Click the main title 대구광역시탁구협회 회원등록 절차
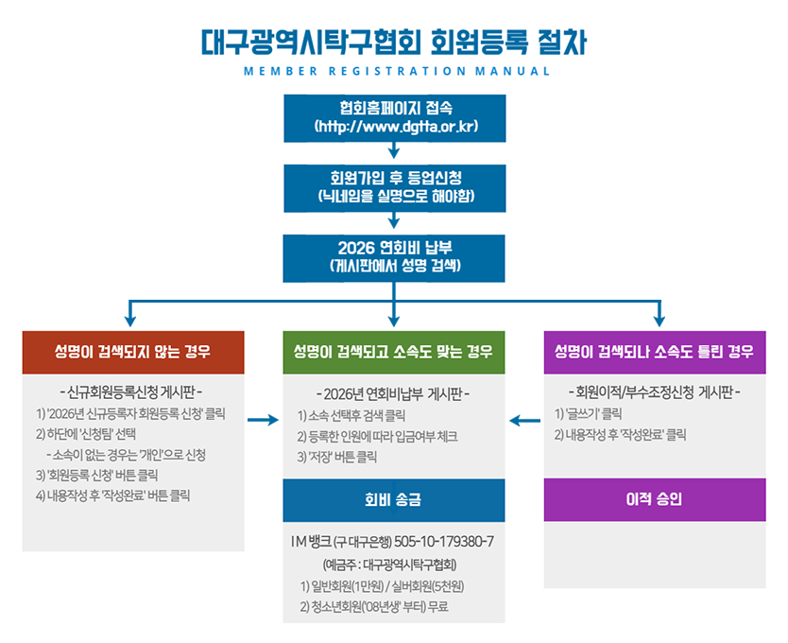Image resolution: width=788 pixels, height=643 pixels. click(394, 42)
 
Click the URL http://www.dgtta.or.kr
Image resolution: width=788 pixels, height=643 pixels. click(395, 126)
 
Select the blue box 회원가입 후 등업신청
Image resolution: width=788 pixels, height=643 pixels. click(395, 187)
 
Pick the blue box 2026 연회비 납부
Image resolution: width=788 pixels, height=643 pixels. click(395, 257)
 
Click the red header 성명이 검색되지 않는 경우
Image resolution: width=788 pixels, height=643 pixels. click(132, 353)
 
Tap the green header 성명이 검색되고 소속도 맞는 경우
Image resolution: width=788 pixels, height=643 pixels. click(393, 353)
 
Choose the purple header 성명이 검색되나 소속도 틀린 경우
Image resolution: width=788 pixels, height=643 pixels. click(655, 353)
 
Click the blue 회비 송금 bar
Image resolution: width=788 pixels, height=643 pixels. click(393, 500)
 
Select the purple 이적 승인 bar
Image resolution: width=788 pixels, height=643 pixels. click(655, 499)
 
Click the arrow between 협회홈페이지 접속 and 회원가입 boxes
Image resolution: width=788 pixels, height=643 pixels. click(394, 150)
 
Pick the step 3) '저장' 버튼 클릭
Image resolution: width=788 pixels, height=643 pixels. click(337, 457)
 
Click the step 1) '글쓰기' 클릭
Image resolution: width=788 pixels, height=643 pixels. click(588, 414)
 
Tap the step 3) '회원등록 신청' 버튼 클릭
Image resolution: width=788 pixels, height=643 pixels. click(96, 475)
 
